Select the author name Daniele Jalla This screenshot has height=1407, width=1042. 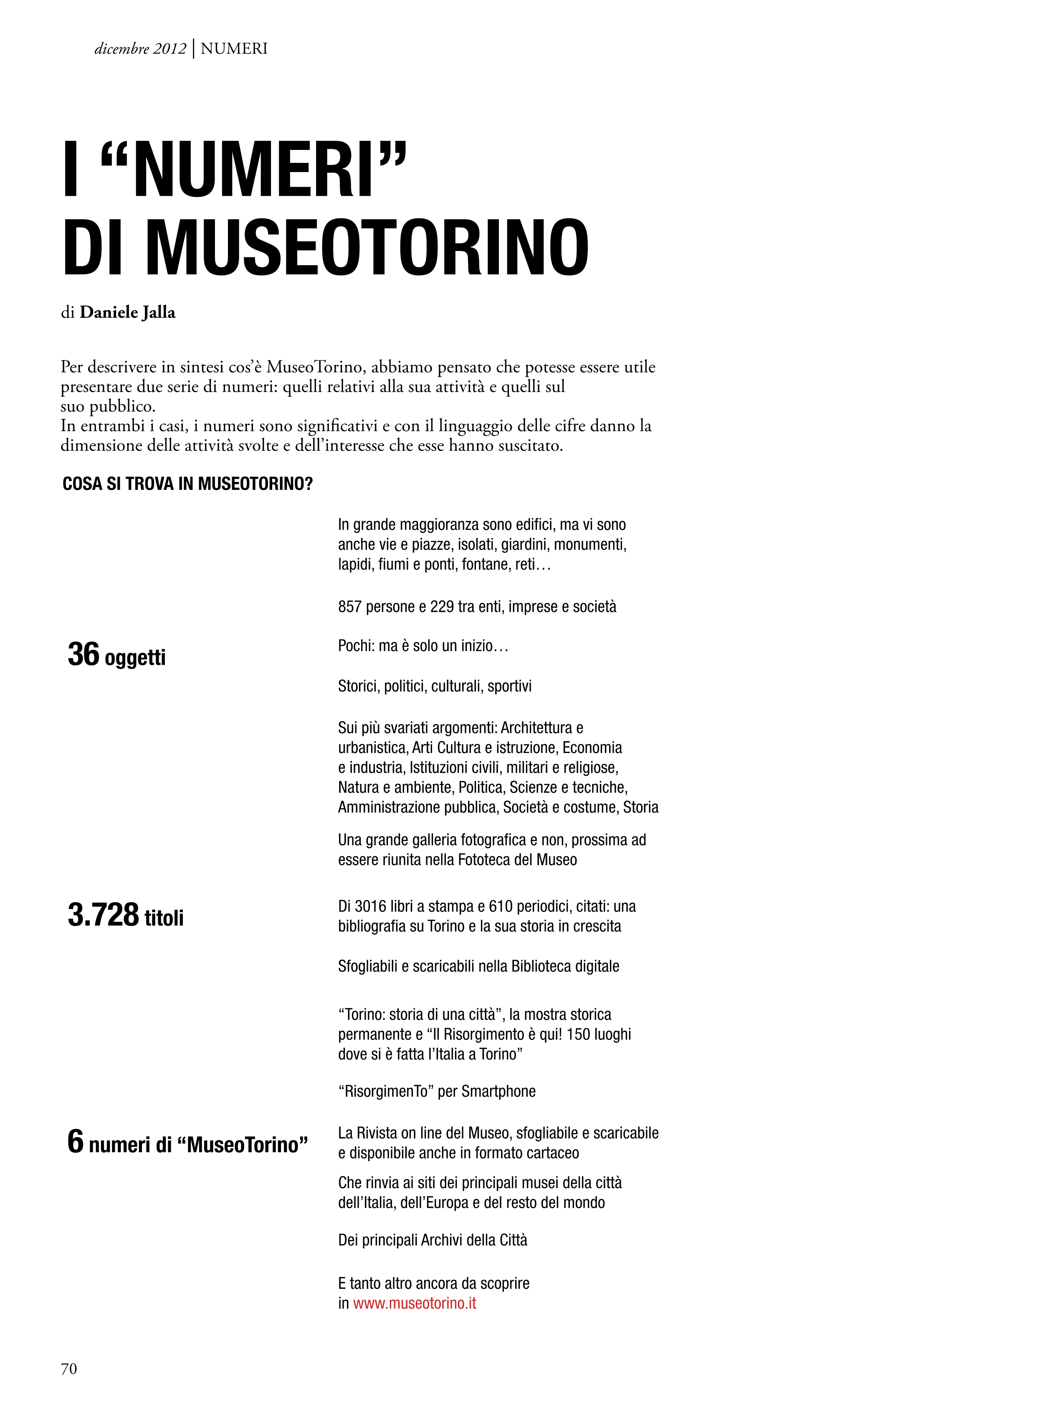(127, 312)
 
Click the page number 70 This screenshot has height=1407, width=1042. (69, 1364)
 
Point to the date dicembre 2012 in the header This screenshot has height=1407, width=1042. (140, 48)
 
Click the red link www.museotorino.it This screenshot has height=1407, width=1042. (415, 1303)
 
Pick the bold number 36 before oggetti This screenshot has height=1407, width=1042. (84, 654)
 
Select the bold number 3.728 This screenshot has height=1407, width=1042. (103, 915)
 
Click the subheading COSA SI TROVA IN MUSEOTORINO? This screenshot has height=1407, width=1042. (188, 484)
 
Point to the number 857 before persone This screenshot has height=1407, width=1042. (349, 607)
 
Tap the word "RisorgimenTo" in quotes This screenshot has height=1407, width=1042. (386, 1092)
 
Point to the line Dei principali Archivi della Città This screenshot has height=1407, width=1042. (432, 1240)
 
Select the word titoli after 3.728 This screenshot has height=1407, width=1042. (164, 918)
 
